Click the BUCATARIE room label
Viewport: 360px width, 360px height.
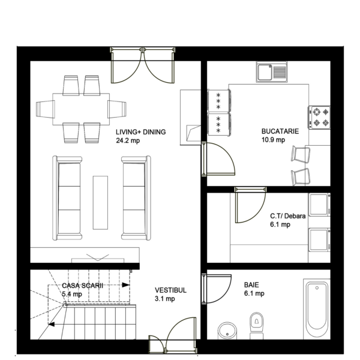(x=280, y=131)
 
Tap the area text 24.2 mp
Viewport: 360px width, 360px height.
(x=128, y=140)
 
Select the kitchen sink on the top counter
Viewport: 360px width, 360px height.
(x=272, y=71)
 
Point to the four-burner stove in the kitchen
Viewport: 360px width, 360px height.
(x=319, y=118)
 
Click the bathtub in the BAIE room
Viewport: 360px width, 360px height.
(x=317, y=309)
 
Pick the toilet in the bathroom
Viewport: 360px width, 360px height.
(x=257, y=325)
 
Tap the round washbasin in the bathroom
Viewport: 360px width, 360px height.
(x=227, y=331)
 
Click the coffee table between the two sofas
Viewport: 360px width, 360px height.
(x=100, y=203)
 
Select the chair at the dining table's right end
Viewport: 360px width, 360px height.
(x=117, y=109)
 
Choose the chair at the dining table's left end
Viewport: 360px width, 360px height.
(x=45, y=109)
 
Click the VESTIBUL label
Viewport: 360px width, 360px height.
(x=170, y=290)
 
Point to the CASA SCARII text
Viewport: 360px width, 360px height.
(x=82, y=286)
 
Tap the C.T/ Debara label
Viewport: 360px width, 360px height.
(x=288, y=216)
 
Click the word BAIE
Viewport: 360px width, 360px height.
(x=251, y=285)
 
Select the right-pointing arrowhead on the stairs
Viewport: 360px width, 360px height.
(x=125, y=285)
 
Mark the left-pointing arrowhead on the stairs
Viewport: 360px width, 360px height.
(x=52, y=324)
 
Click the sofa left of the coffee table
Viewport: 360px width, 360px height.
(x=67, y=198)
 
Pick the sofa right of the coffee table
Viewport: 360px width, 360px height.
(x=136, y=198)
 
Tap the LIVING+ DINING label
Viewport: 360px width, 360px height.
(x=141, y=132)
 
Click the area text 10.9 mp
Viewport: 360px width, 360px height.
(x=273, y=140)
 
